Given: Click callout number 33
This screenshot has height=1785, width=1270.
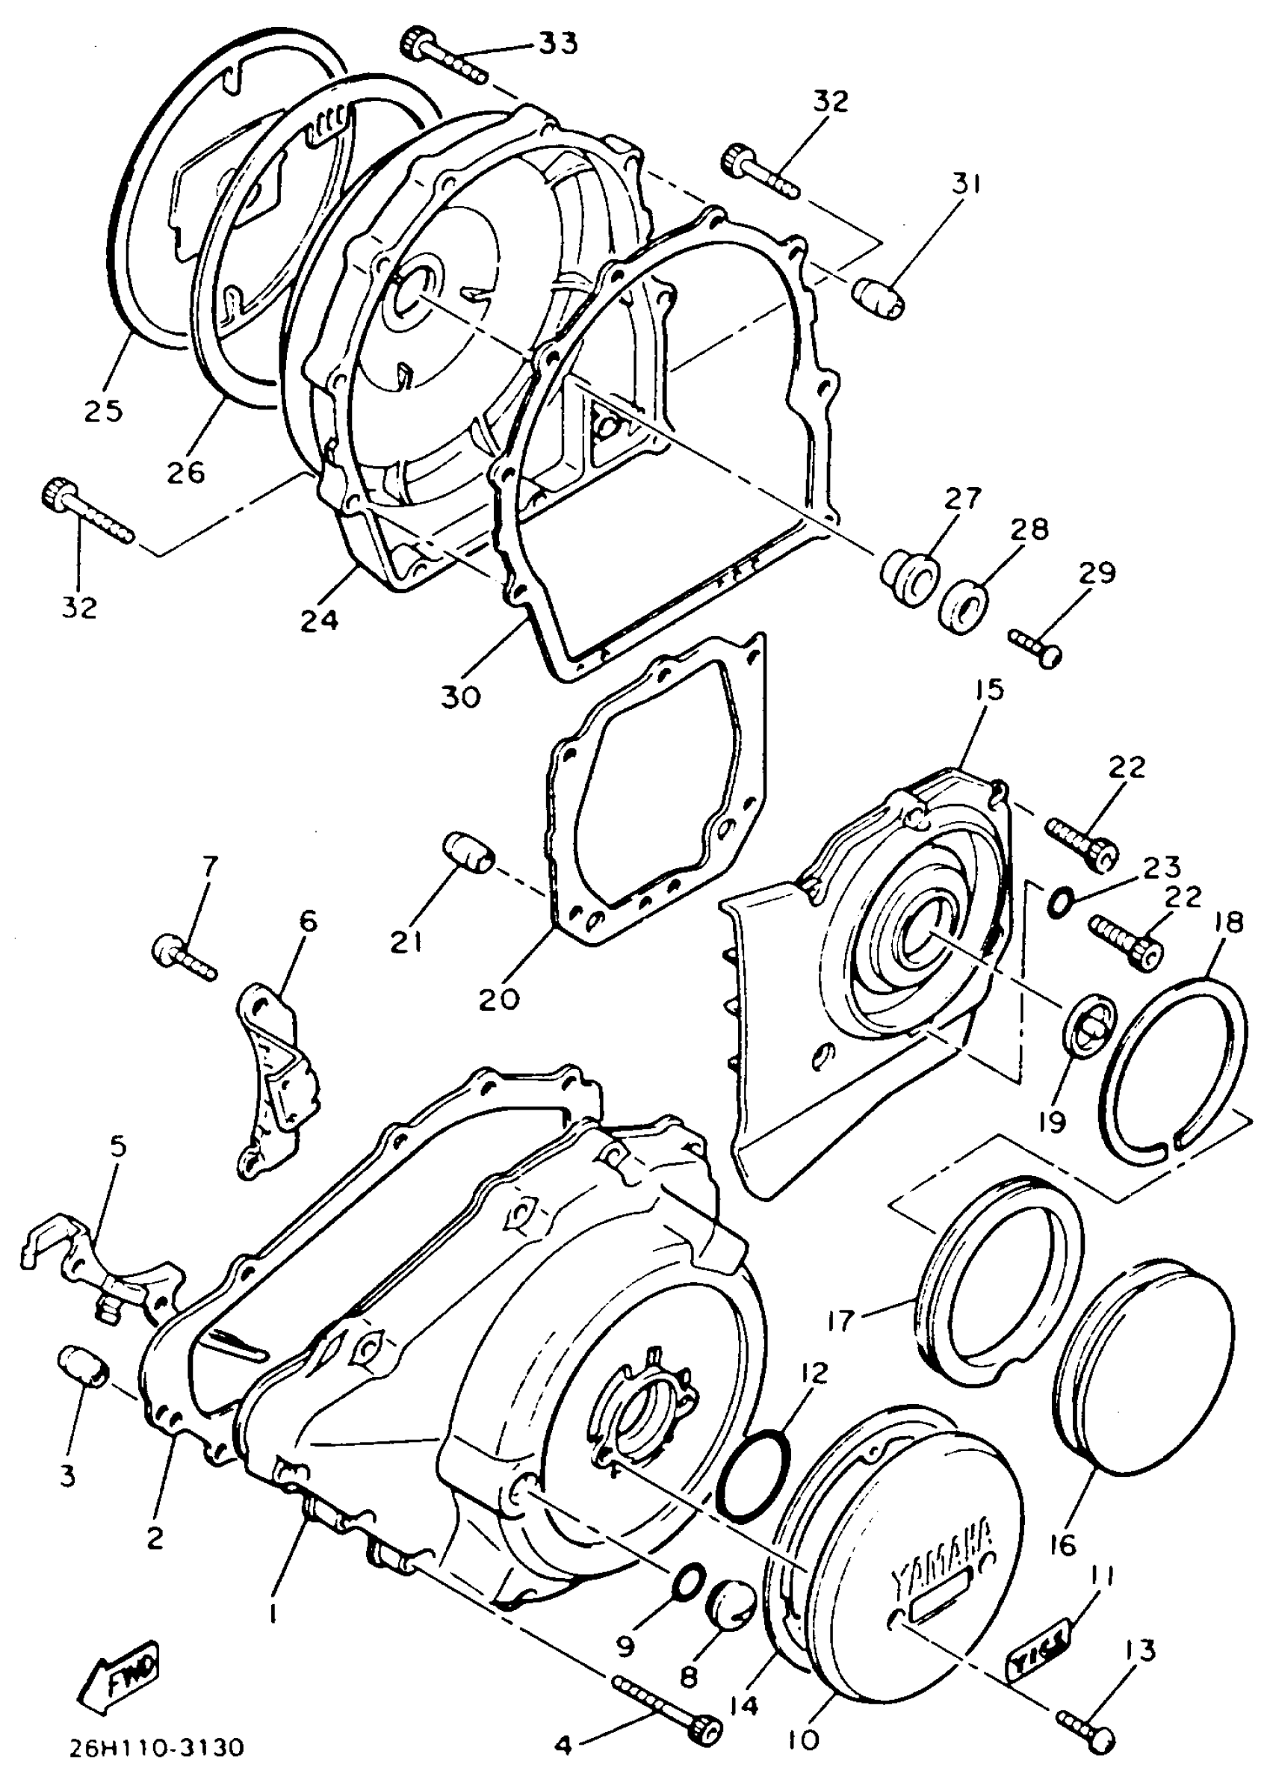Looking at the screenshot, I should [x=558, y=44].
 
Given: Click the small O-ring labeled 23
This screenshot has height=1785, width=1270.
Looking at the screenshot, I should [x=1057, y=903].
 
